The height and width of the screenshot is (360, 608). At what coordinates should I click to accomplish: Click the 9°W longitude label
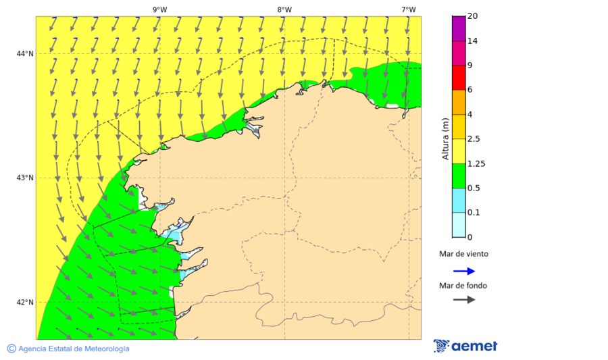point(159,9)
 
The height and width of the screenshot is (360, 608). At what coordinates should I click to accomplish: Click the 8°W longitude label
point(284,9)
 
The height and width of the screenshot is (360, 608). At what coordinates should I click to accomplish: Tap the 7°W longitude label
point(408,9)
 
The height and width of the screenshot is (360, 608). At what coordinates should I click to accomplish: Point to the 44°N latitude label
point(25,54)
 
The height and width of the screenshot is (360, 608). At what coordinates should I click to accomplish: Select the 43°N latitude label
point(25,178)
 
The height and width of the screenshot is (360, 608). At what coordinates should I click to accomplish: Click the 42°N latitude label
point(25,303)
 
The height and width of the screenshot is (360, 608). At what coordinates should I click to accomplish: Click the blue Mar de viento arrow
point(463,271)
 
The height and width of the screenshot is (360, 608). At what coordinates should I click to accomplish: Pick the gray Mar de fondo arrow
point(463,300)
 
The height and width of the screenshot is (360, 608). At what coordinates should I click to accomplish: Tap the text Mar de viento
point(463,254)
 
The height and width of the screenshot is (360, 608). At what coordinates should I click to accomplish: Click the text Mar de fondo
point(463,285)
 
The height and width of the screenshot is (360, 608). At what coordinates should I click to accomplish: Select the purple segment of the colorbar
point(459,28)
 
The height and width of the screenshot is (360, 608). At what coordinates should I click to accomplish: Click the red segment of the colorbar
point(459,77)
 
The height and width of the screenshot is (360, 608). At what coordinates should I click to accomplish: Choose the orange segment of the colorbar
point(459,102)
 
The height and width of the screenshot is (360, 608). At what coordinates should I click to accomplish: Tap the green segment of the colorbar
point(459,176)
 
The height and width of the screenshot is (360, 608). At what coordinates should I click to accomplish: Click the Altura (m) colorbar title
point(445,138)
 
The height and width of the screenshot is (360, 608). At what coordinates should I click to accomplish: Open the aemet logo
point(465,346)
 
